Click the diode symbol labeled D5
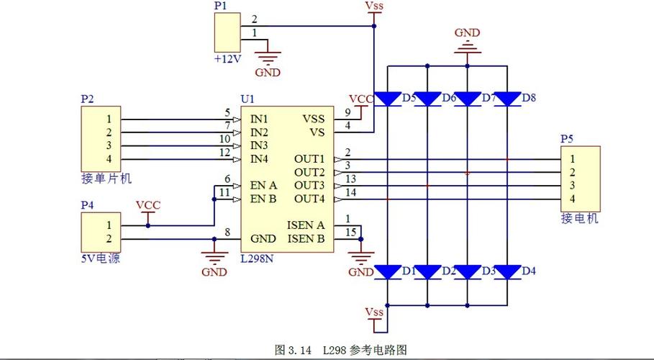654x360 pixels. [388, 99]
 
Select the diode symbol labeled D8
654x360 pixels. [507, 99]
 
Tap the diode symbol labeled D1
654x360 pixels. [388, 272]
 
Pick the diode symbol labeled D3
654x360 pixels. [467, 272]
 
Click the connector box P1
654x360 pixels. [227, 32]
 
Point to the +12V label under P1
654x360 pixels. [228, 59]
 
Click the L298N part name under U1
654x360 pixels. [257, 258]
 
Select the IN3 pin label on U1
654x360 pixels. [259, 145]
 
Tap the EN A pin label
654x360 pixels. [263, 185]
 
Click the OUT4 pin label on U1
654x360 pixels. [309, 199]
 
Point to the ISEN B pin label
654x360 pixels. [306, 238]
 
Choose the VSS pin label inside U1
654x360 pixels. [314, 119]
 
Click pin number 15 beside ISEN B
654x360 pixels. [351, 232]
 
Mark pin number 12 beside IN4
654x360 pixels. [224, 153]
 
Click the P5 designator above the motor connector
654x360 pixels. [567, 139]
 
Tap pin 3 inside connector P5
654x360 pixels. [572, 185]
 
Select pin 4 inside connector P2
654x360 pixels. [109, 158]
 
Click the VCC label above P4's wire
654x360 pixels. [148, 205]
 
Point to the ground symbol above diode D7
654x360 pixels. [467, 47]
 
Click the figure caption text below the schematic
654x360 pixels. [341, 349]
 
